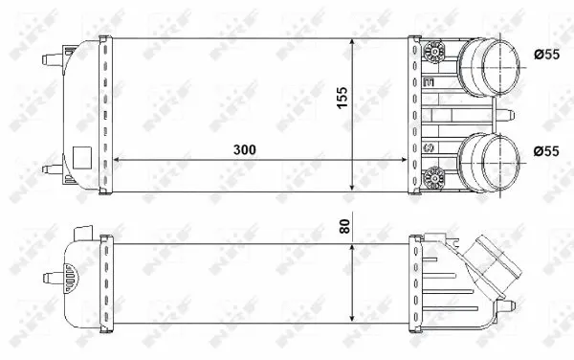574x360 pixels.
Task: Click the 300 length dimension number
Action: [243, 150]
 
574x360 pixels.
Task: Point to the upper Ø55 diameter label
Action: [545, 55]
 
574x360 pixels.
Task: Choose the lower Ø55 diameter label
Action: [545, 149]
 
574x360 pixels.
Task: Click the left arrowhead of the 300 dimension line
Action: [118, 160]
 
